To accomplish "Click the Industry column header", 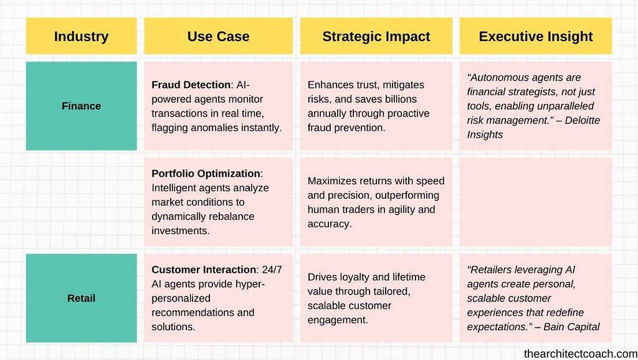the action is point(82,36).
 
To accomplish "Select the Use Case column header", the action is point(219,36).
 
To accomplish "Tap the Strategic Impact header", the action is point(376,36).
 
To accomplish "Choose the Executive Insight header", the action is point(535,36).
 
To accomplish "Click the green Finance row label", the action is point(82,106).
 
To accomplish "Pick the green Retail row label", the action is point(82,298).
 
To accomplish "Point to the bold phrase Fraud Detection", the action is point(191,85).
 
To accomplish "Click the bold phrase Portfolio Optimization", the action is point(206,174).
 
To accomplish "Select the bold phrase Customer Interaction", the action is point(204,270).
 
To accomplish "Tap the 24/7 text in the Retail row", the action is point(272,270).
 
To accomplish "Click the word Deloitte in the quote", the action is point(583,120).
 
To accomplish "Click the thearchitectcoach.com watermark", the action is point(581,354).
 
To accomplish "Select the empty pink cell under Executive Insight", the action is point(535,202).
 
